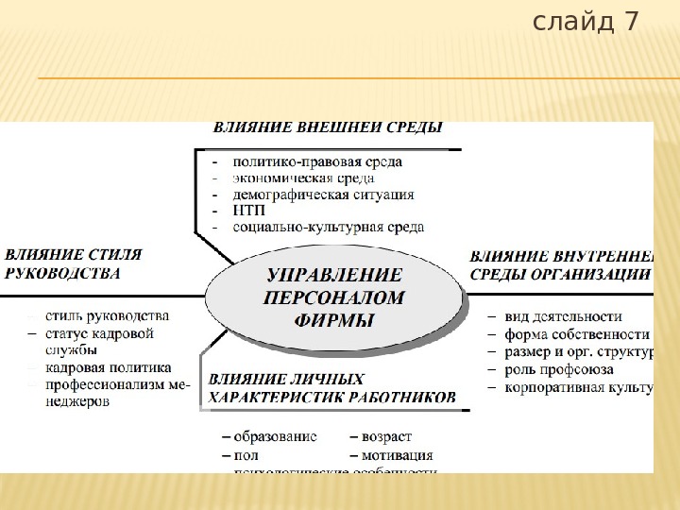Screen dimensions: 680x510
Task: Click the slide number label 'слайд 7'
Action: coord(586,21)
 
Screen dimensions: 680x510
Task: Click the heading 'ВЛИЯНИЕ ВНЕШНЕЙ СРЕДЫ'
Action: coord(327,127)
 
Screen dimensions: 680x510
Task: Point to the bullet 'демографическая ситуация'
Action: coord(323,194)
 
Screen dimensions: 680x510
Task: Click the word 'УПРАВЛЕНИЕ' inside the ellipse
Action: coord(335,276)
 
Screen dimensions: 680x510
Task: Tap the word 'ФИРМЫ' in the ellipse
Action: coord(335,320)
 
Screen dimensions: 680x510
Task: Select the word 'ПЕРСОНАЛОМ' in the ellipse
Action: coord(335,297)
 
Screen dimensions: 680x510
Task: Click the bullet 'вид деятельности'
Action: coord(563,317)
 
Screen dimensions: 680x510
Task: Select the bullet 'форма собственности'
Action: coord(577,334)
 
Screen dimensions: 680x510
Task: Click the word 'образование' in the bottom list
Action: coord(275,438)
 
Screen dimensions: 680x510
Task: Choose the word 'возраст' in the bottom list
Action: coord(386,438)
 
